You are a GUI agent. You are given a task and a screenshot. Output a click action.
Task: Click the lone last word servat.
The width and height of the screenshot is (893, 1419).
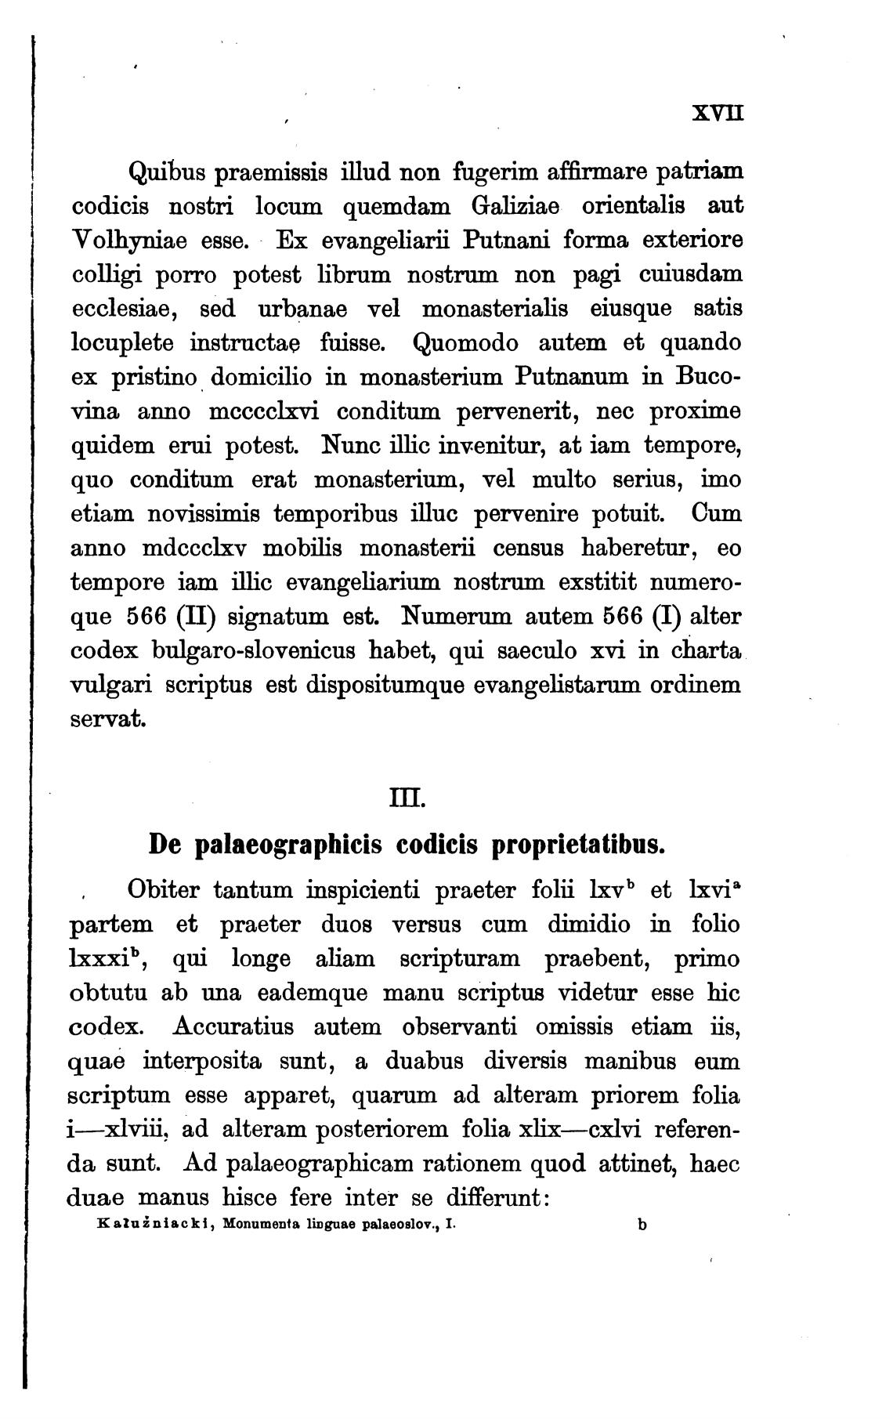point(108,719)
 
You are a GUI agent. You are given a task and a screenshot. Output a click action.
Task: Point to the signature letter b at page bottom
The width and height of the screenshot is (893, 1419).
point(642,1225)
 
